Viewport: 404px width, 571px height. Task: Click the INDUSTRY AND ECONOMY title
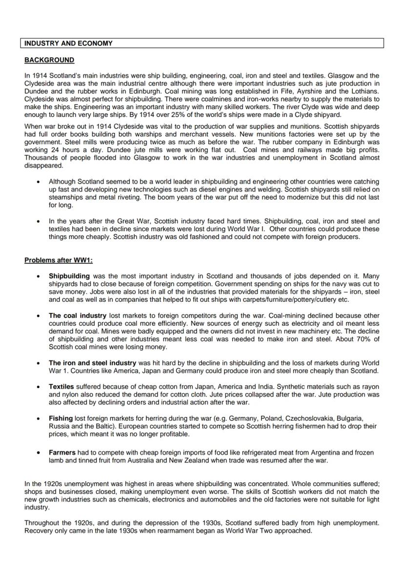(x=68, y=43)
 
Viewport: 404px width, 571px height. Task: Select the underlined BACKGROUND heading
(x=49, y=60)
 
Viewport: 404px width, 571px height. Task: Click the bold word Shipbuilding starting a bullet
(x=69, y=276)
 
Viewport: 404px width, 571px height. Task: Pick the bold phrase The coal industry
(x=78, y=315)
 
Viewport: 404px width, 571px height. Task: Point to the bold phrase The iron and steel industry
(x=92, y=363)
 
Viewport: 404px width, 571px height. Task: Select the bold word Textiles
(x=61, y=387)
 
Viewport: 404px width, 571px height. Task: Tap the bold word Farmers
(x=62, y=453)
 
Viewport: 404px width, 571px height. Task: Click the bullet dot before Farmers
(x=39, y=453)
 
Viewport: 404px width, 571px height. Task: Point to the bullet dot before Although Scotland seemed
(x=39, y=181)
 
